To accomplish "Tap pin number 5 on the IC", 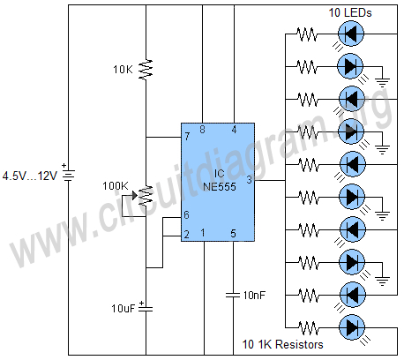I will pos(234,233).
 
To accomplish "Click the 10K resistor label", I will pos(124,69).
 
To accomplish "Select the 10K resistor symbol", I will pos(146,69).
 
